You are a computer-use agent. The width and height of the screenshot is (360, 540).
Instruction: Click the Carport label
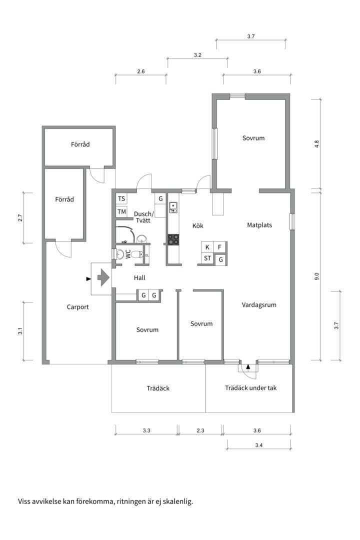[x=77, y=307]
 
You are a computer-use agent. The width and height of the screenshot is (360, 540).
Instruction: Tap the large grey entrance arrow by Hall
[x=103, y=277]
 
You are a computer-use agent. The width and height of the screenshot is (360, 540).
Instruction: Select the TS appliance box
[x=121, y=198]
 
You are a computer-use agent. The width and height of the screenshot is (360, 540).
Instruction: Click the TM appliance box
[x=121, y=211]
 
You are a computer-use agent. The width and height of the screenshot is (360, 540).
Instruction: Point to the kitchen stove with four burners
[x=173, y=239]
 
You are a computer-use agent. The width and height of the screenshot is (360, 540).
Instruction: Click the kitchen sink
[x=173, y=207]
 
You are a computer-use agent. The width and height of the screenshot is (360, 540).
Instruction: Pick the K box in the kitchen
[x=207, y=247]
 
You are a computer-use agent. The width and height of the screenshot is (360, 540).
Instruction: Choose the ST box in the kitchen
[x=207, y=258]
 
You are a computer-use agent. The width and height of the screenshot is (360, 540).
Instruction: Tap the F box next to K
[x=219, y=247]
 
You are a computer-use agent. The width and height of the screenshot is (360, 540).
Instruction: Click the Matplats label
[x=259, y=225]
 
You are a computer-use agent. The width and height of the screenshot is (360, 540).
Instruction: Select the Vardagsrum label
[x=259, y=305]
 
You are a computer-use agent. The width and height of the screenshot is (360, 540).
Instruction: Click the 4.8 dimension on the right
[x=317, y=144]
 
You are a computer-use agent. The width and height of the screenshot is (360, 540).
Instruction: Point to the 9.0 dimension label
[x=317, y=276]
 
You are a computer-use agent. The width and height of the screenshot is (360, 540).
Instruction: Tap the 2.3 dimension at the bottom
[x=200, y=430]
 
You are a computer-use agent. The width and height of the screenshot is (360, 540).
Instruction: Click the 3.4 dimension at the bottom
[x=258, y=445]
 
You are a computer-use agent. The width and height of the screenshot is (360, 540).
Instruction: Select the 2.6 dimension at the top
[x=140, y=71]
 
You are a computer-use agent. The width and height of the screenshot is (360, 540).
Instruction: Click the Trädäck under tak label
[x=251, y=388]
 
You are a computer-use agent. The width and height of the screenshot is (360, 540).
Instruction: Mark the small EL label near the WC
[x=147, y=255]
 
